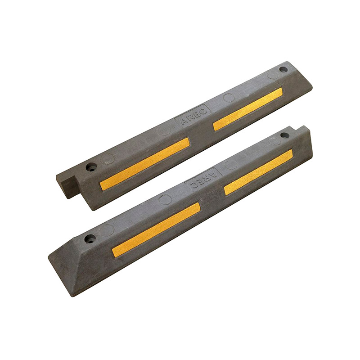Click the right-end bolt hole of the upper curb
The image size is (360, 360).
[x=283, y=69]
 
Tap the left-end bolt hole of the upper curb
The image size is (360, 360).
[x=91, y=167]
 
